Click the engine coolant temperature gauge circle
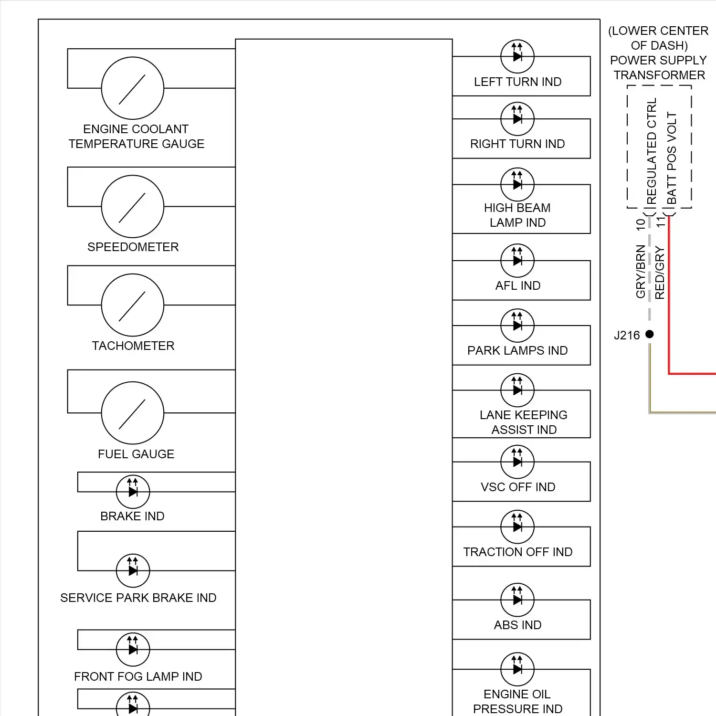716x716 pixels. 133,88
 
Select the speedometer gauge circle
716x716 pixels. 133,206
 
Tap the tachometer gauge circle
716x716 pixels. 133,305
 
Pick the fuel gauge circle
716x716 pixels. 133,413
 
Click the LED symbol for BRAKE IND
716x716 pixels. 133,492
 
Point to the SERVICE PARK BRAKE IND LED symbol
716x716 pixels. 133,570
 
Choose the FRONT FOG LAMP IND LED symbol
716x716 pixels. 133,649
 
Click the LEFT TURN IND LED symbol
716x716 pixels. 517,56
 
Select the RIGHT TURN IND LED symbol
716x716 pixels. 517,119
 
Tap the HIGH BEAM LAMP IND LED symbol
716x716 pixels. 517,184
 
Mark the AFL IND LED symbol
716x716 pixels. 517,261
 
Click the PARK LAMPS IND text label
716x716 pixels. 517,350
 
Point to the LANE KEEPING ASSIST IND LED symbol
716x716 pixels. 517,390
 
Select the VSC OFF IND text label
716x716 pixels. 518,487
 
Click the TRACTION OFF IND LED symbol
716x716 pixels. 517,527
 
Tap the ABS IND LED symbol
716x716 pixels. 517,600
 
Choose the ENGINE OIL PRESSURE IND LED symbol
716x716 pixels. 517,669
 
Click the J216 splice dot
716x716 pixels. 650,334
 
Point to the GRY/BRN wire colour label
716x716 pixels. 641,272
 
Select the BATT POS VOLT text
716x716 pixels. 672,158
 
